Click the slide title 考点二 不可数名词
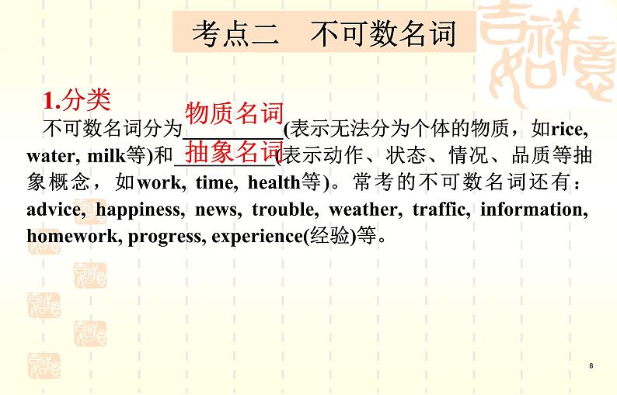324,33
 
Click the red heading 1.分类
77,100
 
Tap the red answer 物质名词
235,113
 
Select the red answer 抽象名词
234,151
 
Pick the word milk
106,156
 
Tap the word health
274,182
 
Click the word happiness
140,210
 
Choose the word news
218,210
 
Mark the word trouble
285,209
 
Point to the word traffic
441,209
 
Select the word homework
74,236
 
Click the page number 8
591,366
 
